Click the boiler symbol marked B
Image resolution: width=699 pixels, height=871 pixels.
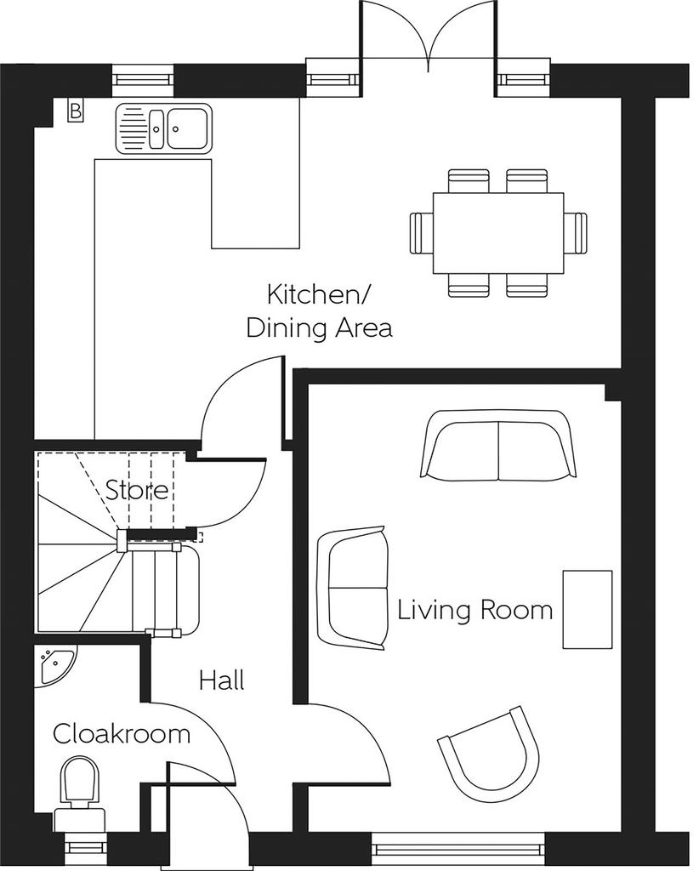(75, 111)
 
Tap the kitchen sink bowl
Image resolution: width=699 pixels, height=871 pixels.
(188, 128)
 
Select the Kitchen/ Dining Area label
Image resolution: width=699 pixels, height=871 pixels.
(319, 311)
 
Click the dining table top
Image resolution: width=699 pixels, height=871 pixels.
(498, 233)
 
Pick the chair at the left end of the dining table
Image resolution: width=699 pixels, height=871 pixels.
(422, 233)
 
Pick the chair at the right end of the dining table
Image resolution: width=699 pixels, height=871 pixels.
(575, 233)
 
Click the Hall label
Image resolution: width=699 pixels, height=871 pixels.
(222, 680)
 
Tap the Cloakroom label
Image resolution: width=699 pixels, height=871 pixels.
(122, 733)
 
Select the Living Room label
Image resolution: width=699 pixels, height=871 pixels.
(475, 609)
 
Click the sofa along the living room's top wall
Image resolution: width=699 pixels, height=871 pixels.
(498, 445)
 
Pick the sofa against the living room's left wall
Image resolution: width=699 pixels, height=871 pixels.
(351, 588)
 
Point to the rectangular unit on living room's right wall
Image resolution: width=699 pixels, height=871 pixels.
(588, 609)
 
